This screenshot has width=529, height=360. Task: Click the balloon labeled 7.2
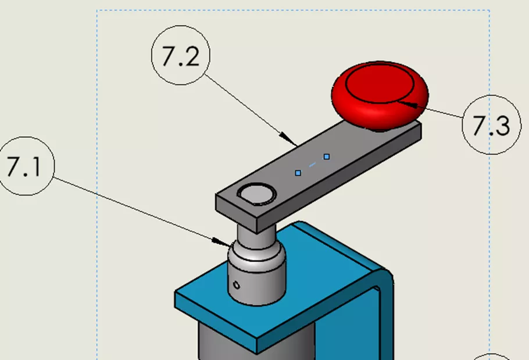pos(180,56)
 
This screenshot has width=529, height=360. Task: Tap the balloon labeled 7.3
pos(491,124)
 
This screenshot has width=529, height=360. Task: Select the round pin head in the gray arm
pos(256,193)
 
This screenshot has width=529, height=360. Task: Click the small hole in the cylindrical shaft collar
pos(235,285)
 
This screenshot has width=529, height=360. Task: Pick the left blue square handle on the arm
pos(298,173)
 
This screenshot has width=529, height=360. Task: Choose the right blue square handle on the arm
pos(327,156)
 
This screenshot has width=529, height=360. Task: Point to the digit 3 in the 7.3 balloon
pos(501,126)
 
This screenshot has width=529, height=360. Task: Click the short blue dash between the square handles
pos(312,165)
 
